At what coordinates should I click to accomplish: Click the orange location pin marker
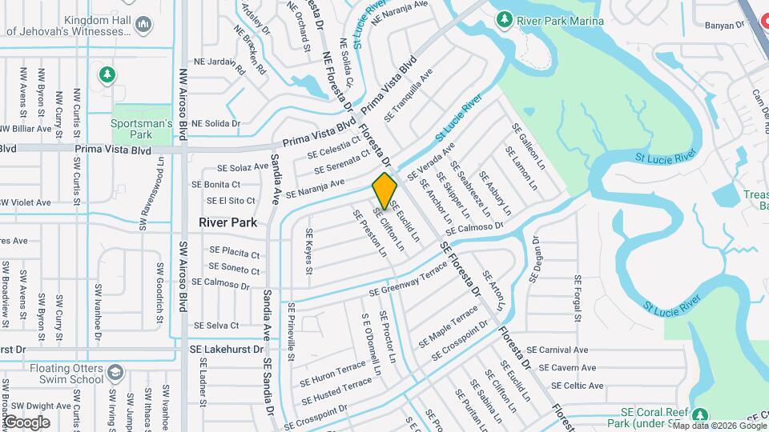pos(384,190)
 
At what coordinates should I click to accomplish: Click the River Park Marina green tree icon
pos(505,18)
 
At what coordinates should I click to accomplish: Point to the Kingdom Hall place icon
pos(144,24)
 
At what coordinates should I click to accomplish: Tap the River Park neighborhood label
pos(227,222)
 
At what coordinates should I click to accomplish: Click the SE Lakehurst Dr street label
pos(227,350)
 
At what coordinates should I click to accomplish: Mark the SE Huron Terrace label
pos(332,374)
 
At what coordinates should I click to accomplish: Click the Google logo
pos(26,422)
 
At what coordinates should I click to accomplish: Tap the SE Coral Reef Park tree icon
pos(700,415)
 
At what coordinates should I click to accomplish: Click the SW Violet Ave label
pos(26,202)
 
